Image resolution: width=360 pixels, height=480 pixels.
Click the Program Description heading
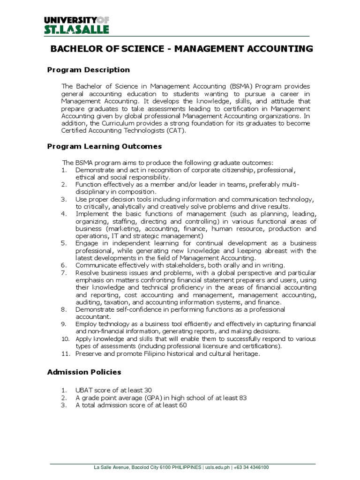pyautogui.click(x=89, y=70)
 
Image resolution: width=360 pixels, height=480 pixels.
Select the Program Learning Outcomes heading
pyautogui.click(x=105, y=146)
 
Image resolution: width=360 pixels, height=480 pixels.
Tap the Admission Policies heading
pyautogui.click(x=84, y=372)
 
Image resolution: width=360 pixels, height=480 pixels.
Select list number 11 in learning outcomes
pyautogui.click(x=65, y=354)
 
